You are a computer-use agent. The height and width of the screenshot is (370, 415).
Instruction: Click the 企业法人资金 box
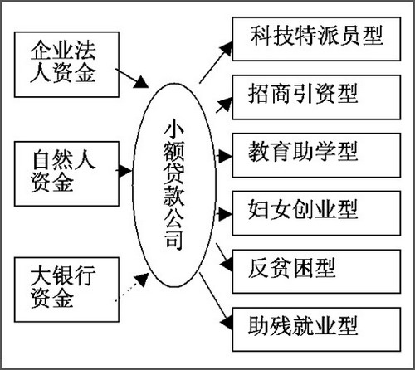click(66, 65)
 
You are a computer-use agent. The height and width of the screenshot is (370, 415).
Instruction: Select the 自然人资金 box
click(66, 173)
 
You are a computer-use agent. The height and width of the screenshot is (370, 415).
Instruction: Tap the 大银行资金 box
click(66, 290)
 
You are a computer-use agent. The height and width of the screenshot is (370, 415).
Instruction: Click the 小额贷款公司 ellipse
click(174, 185)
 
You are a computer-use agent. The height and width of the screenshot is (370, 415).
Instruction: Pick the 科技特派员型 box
click(316, 39)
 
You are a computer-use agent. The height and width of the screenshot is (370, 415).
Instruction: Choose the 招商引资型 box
click(316, 97)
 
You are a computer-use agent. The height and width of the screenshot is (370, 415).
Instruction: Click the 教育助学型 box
click(316, 155)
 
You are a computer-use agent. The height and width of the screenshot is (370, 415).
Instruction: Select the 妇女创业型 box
click(316, 213)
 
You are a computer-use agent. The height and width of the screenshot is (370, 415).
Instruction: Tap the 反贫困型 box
click(316, 271)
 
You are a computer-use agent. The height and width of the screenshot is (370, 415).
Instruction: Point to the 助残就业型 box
click(316, 329)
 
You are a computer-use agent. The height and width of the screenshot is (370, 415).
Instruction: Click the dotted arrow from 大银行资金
click(132, 287)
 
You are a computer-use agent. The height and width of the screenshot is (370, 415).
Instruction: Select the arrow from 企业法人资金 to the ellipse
click(132, 79)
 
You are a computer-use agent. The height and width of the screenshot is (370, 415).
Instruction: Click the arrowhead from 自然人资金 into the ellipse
click(125, 171)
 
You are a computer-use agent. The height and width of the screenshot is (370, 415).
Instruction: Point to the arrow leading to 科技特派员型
click(216, 62)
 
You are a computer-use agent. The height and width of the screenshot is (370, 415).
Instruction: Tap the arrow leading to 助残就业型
click(216, 301)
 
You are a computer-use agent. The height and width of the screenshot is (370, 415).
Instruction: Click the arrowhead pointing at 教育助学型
click(225, 157)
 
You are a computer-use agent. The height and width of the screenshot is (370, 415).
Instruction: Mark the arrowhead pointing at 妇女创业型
click(225, 214)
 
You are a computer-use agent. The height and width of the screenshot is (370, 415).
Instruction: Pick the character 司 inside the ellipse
click(174, 240)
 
